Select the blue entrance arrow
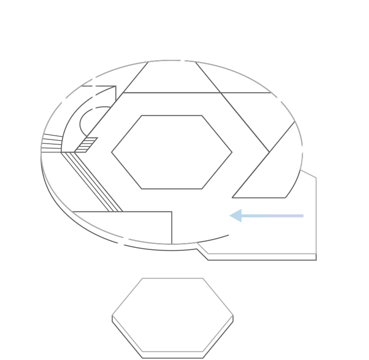point(266,216)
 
